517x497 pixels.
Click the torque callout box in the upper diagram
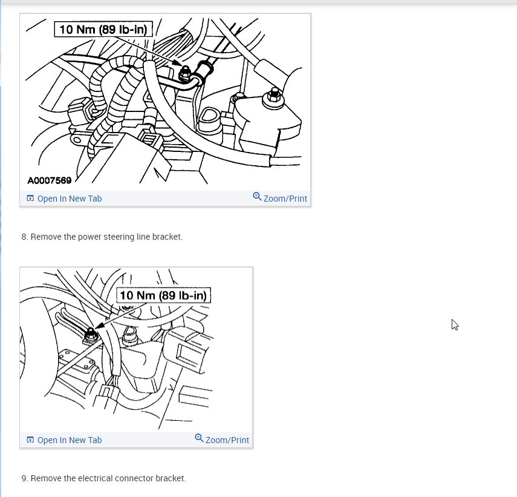(103, 29)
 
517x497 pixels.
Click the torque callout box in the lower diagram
(163, 295)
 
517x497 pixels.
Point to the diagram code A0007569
(50, 180)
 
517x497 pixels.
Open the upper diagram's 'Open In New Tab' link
(70, 199)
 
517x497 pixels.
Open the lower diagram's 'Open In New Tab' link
(70, 440)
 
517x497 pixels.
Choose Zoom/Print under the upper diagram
(285, 199)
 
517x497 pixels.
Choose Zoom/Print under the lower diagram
(227, 440)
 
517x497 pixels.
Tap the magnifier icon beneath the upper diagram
(257, 196)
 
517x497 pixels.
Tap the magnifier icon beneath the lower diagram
(199, 438)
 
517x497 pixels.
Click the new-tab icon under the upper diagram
(30, 199)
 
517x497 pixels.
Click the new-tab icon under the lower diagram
(30, 440)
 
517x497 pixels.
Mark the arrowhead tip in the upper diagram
(181, 65)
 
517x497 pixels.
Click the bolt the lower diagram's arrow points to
(90, 335)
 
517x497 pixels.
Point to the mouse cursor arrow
(455, 324)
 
